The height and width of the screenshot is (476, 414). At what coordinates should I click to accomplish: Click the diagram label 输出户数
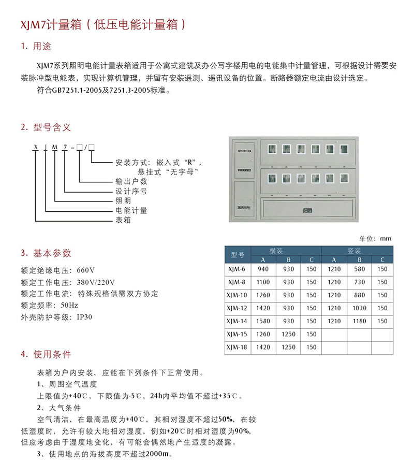pyautogui.click(x=131, y=182)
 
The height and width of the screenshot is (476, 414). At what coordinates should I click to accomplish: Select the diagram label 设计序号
pyautogui.click(x=131, y=191)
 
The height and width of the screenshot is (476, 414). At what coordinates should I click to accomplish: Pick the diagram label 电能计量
pyautogui.click(x=131, y=210)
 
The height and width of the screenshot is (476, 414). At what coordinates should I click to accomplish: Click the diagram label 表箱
pyautogui.click(x=123, y=220)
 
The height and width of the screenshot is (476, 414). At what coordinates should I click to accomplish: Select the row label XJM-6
pyautogui.click(x=238, y=269)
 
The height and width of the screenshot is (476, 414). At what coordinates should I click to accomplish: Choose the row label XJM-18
pyautogui.click(x=238, y=347)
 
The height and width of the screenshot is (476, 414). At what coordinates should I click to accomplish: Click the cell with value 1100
pyautogui.click(x=263, y=282)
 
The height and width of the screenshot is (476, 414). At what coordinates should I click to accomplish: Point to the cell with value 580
pyautogui.click(x=359, y=269)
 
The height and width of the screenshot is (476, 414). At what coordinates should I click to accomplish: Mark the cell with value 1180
pyautogui.click(x=359, y=321)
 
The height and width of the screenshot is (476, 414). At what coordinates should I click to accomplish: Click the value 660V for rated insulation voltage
pyautogui.click(x=85, y=270)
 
